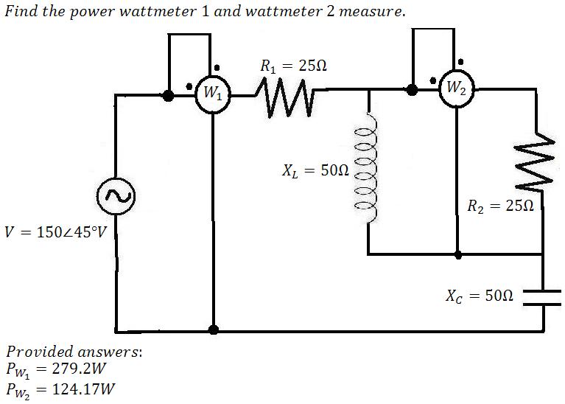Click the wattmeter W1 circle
pos(213,94)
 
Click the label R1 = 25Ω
pos(294,66)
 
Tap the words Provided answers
pos(73,351)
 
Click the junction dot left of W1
pos(169,94)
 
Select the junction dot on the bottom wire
pos(213,330)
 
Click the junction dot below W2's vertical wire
pos(457,254)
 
